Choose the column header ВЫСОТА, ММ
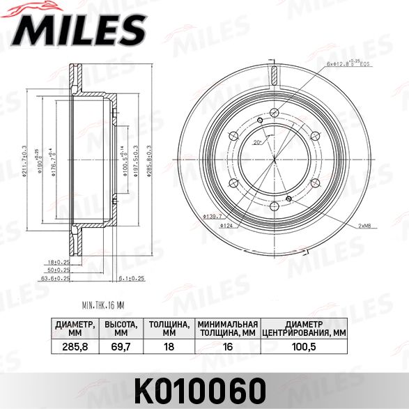tap(119, 328)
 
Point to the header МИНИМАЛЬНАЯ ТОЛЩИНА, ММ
tap(227, 328)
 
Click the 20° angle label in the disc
tap(256, 142)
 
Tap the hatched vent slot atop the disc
tap(275, 75)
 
